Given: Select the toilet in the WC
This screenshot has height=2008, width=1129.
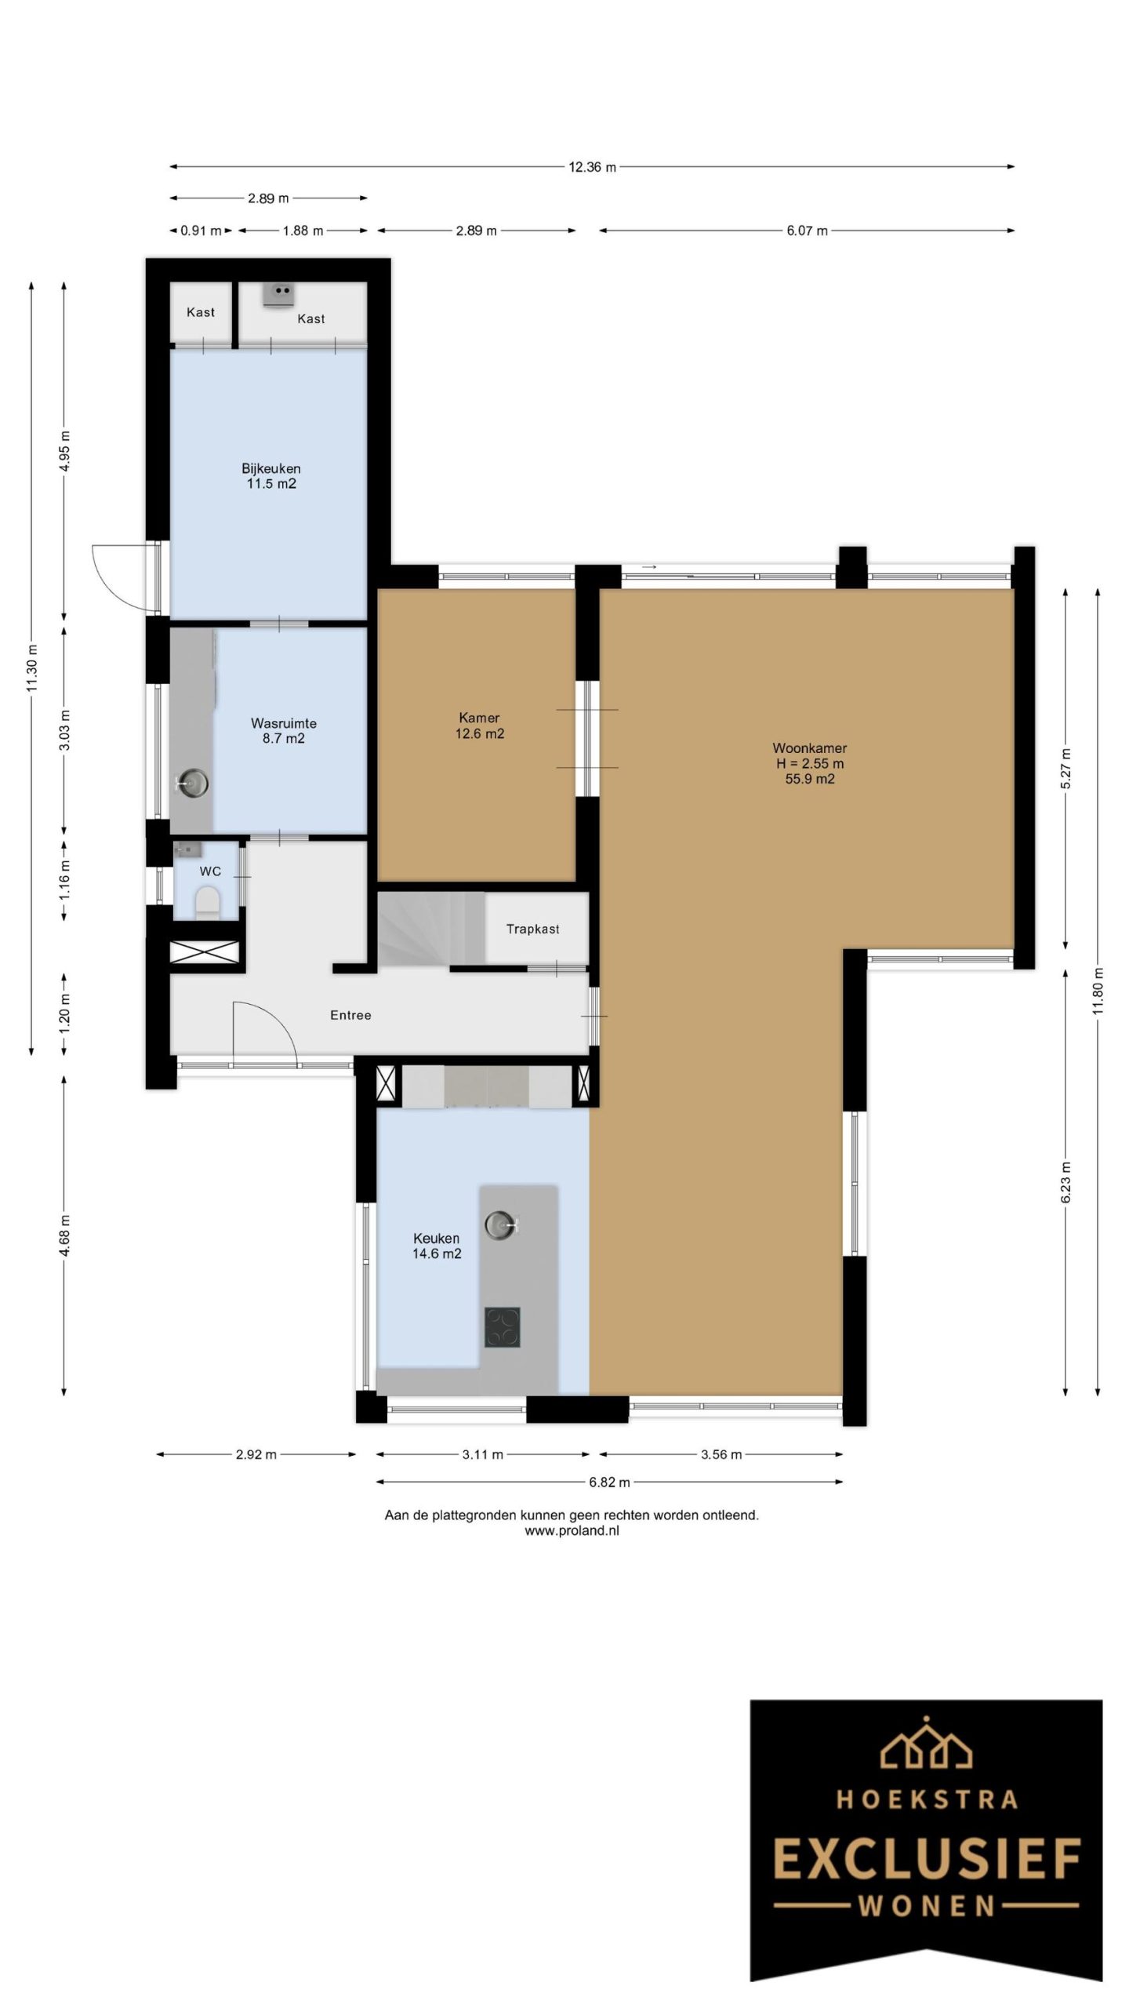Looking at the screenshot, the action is coord(208,902).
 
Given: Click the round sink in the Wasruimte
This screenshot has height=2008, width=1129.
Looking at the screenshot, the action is coord(192,781).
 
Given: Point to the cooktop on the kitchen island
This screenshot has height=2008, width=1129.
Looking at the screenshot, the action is coord(502,1327).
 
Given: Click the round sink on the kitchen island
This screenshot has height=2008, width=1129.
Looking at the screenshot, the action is coord(500,1223).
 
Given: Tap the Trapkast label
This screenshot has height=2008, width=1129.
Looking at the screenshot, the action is coord(532,929).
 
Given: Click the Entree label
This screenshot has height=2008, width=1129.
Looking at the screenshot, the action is coord(350,1015).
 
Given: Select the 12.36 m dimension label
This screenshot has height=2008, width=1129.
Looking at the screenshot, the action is coord(592,166).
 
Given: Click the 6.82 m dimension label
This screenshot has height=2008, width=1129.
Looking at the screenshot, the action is coord(609,1482).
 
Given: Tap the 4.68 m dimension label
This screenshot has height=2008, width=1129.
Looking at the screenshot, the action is coord(65,1235).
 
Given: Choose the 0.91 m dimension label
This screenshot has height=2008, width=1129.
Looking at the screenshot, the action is coord(201,231).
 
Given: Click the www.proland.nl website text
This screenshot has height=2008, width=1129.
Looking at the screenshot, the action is coord(572,1530).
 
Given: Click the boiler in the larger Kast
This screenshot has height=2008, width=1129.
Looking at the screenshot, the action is coord(278,293).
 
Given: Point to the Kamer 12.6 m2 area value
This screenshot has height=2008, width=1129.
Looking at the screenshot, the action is coord(479,734).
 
